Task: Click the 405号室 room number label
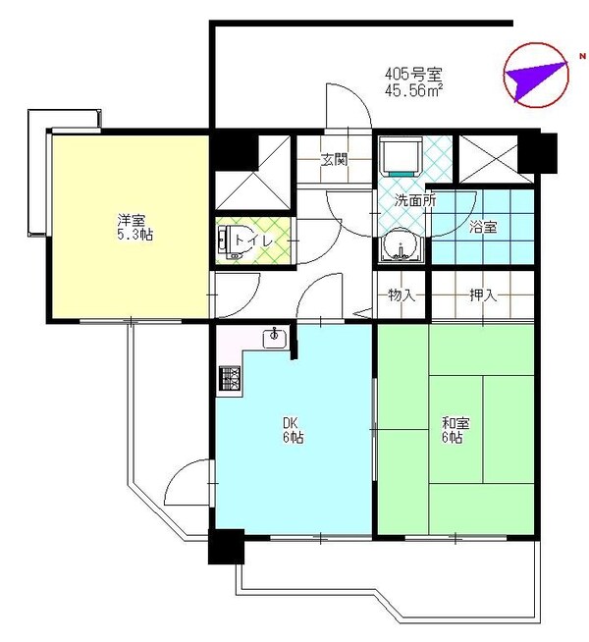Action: tap(413, 73)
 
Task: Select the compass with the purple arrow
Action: tap(536, 75)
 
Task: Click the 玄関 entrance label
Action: tap(334, 160)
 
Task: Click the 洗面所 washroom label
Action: tap(401, 201)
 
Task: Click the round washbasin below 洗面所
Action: tap(400, 246)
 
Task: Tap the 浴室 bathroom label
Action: tap(483, 228)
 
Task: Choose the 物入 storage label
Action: tap(402, 294)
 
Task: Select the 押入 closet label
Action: tap(483, 294)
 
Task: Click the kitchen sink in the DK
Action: tap(274, 340)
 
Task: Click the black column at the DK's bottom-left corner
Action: tap(226, 547)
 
